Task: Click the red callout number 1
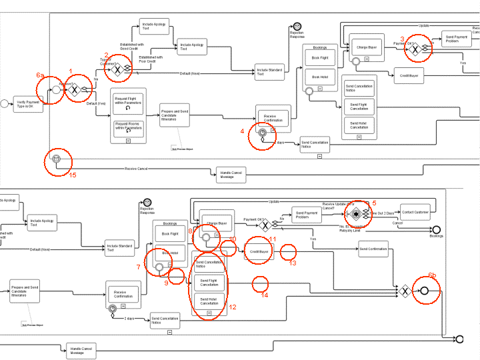coord(71,70)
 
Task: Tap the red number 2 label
coord(106,55)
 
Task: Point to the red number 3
coord(402,39)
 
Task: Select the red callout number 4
coord(243,131)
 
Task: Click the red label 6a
coord(40,75)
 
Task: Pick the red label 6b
coord(433,275)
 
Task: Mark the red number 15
coord(73,174)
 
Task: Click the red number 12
coord(233,307)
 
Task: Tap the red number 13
coord(293,263)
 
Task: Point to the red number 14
coord(265,294)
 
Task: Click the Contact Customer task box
coord(415,211)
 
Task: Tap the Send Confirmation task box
coord(373,250)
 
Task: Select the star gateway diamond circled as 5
coord(357,213)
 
